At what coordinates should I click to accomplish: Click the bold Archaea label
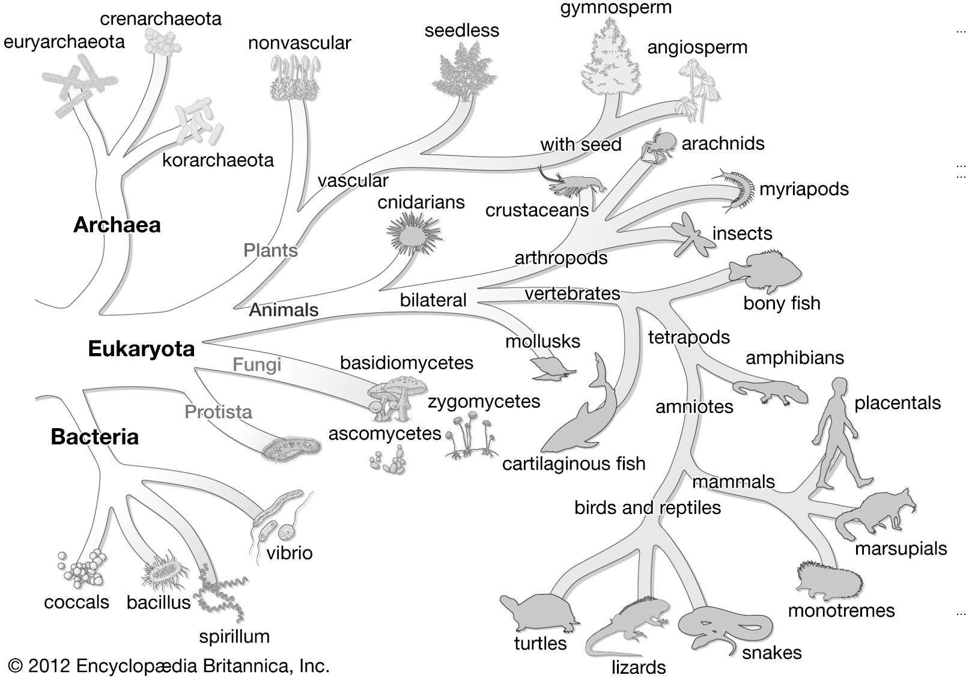click(117, 225)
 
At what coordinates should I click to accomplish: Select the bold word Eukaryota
click(141, 349)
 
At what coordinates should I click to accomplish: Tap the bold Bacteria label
click(94, 437)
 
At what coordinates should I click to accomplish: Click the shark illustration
click(583, 414)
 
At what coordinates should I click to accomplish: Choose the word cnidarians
click(421, 202)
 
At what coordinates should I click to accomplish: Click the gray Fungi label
click(257, 365)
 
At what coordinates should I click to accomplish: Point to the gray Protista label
click(218, 412)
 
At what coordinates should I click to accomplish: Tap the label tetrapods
click(688, 337)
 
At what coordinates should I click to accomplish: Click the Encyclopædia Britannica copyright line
click(169, 665)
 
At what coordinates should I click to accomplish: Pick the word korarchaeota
click(217, 160)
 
